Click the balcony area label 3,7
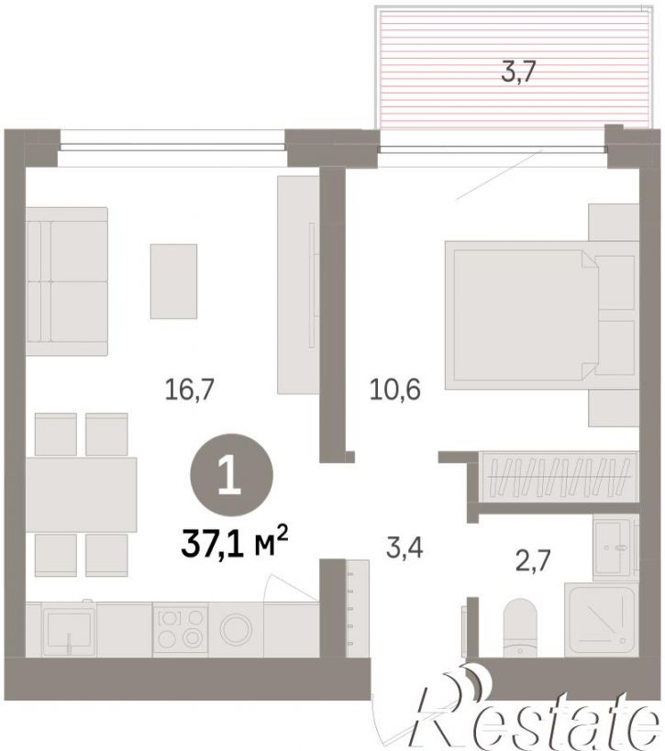517,72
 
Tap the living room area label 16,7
189,389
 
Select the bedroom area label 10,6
395,389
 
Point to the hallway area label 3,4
405,548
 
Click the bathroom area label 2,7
533,560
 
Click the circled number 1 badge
232,474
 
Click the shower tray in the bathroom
602,620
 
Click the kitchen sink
69,629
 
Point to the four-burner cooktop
180,629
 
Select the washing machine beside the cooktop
236,629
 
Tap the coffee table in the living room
173,282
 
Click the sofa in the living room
67,282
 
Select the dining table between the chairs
81,495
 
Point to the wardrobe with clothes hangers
559,477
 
